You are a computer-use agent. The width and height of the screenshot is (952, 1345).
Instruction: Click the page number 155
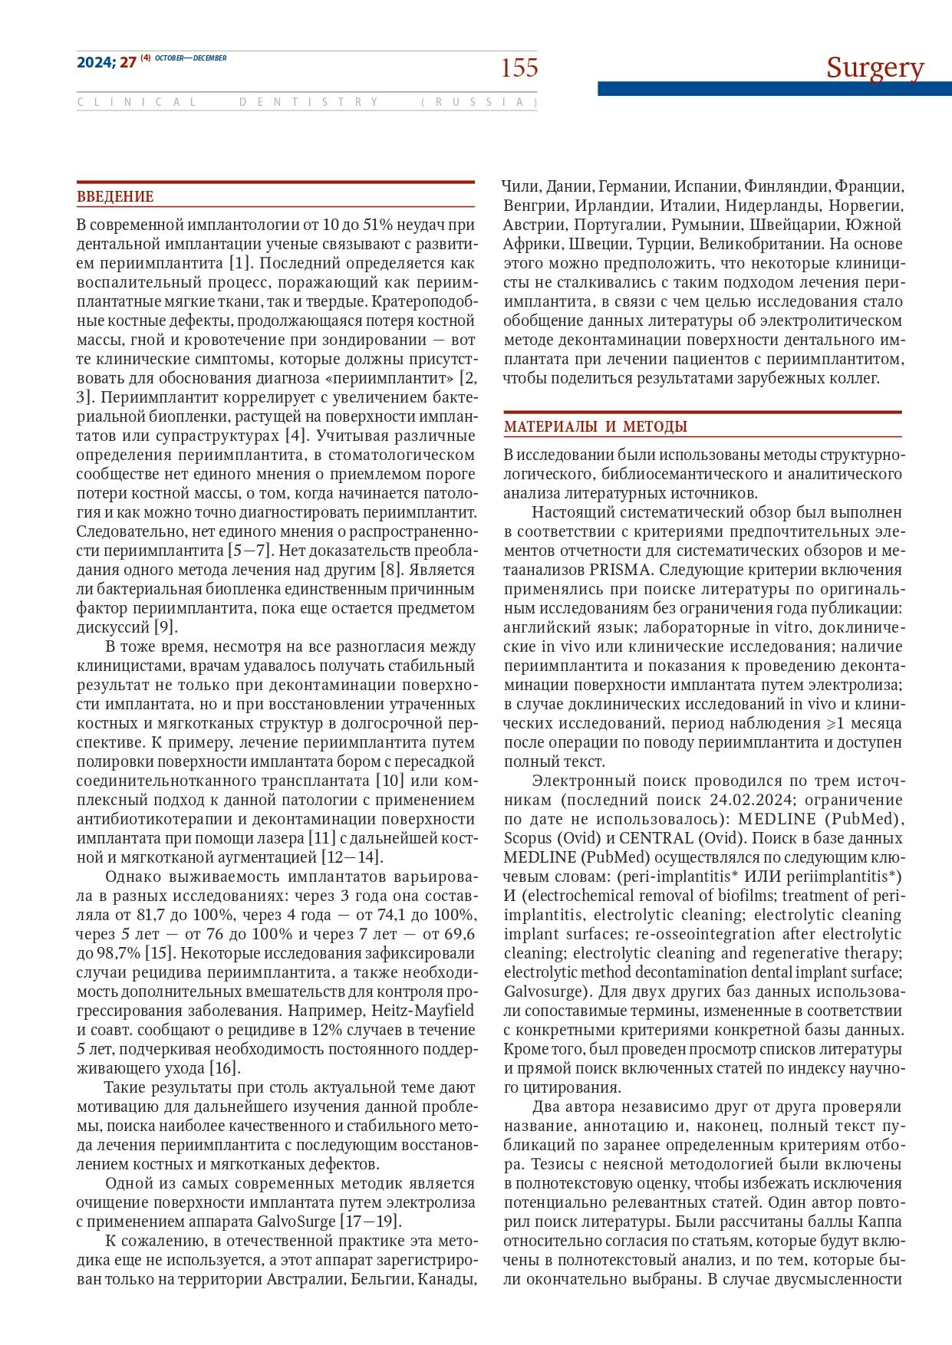(x=519, y=68)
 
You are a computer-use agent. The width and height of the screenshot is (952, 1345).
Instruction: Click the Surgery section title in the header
(x=875, y=67)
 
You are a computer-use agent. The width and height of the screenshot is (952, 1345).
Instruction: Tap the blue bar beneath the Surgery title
(x=774, y=89)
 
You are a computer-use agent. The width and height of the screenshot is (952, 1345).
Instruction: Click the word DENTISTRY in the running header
(x=309, y=102)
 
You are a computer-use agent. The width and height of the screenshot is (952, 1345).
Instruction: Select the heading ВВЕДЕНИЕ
(x=115, y=197)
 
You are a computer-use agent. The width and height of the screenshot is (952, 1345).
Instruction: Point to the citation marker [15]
(x=160, y=953)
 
